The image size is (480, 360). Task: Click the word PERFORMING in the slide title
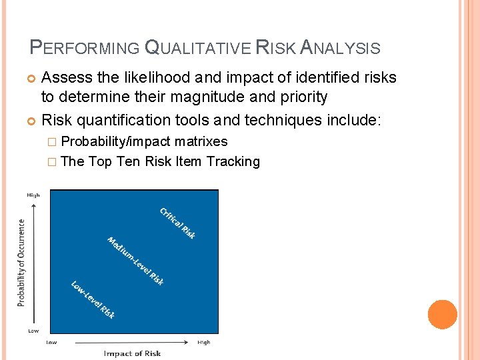click(85, 48)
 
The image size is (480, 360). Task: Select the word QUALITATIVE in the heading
click(197, 48)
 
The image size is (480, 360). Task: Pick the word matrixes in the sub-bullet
click(201, 141)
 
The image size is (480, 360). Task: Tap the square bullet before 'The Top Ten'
click(53, 162)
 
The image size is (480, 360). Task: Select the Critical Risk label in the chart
click(177, 223)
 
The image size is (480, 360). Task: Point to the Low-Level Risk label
click(93, 299)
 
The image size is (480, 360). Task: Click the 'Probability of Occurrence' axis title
click(21, 263)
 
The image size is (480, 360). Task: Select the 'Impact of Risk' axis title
click(132, 353)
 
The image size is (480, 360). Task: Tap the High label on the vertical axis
click(33, 195)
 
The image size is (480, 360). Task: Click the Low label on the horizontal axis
click(51, 342)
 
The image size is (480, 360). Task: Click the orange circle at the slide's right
click(442, 315)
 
